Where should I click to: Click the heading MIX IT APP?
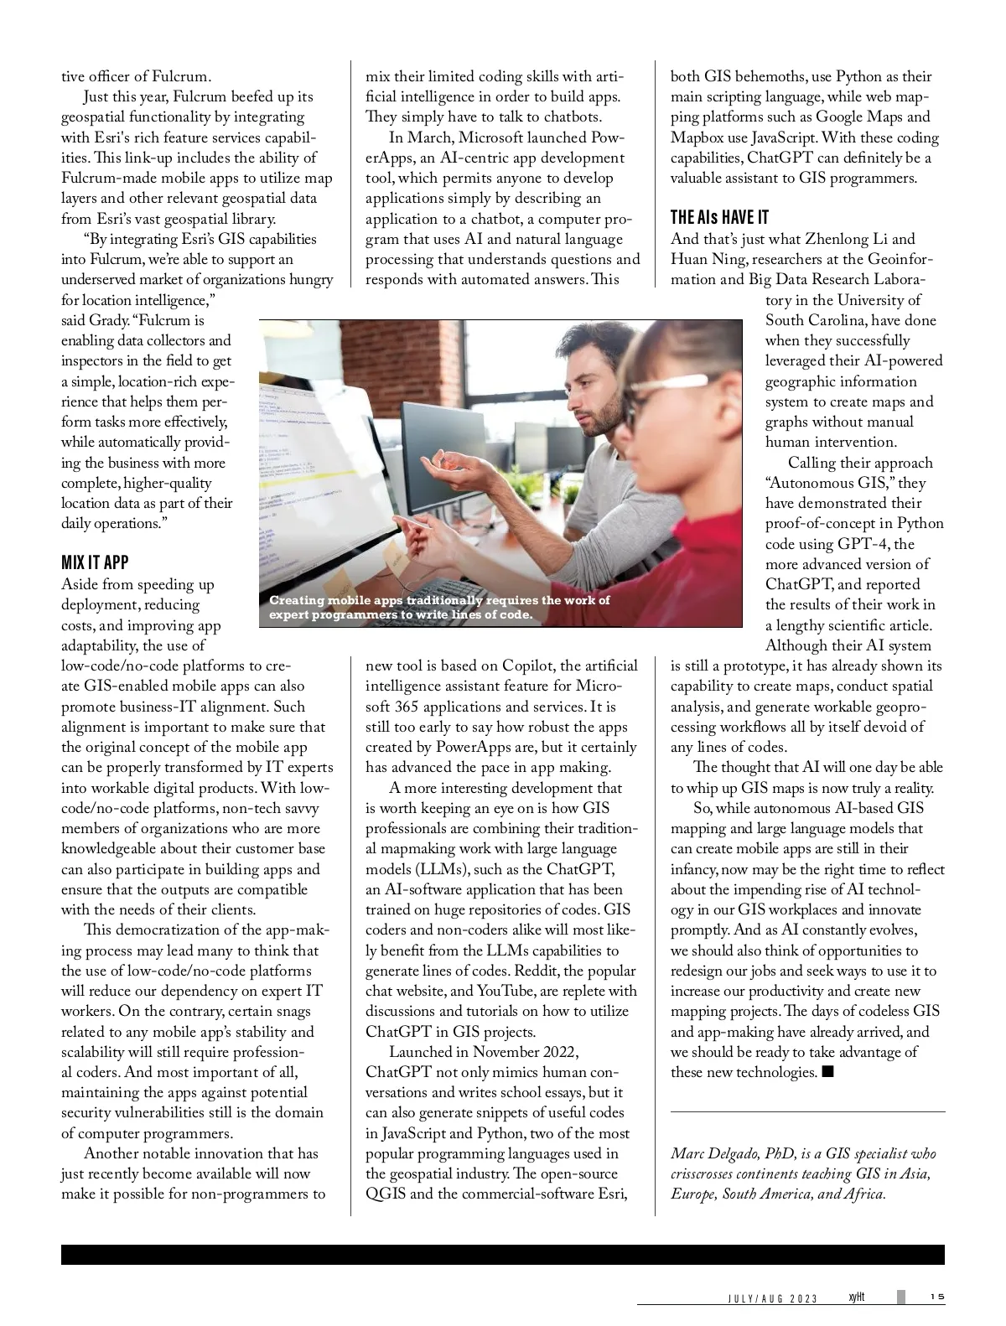(95, 562)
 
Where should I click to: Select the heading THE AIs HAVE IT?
(719, 218)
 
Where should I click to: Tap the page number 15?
(936, 1298)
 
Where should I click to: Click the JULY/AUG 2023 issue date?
(771, 1298)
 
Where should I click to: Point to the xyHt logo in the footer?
(856, 1298)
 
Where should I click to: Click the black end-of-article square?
(828, 1072)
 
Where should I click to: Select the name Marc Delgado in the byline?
(709, 1153)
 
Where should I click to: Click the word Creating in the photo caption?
(296, 600)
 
